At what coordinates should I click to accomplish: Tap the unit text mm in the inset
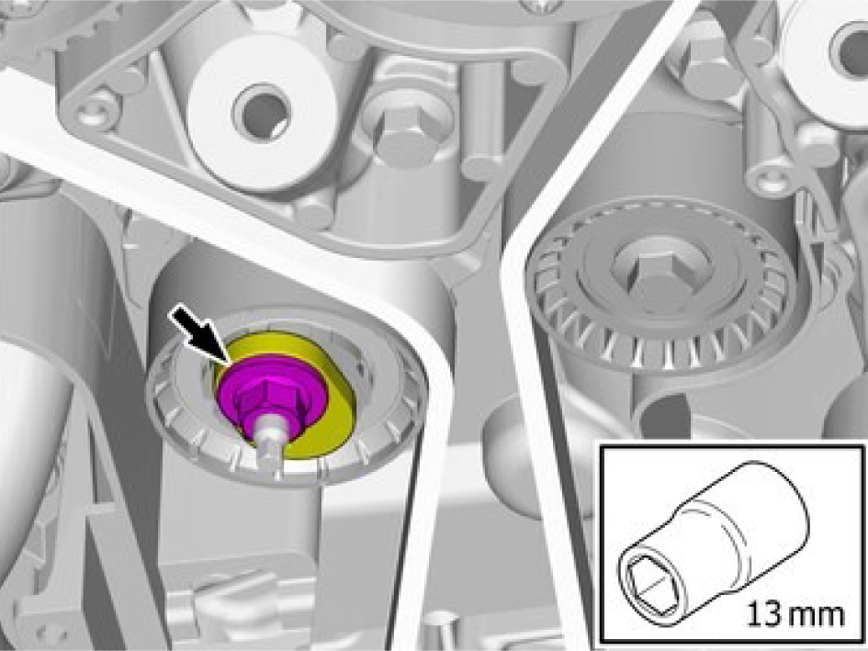pyautogui.click(x=817, y=616)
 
